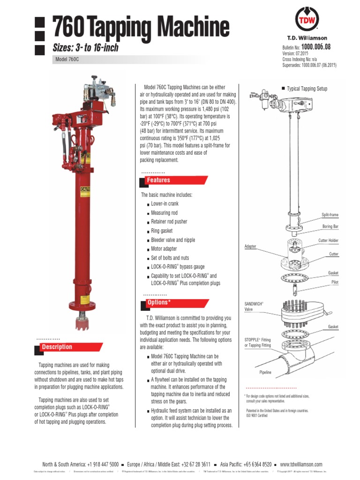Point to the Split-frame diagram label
coord(330,215)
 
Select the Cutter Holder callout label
coord(328,240)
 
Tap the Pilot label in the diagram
coord(335,282)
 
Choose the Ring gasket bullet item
coord(162,231)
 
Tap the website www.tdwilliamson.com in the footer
coord(301,464)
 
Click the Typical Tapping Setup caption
coord(307,89)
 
